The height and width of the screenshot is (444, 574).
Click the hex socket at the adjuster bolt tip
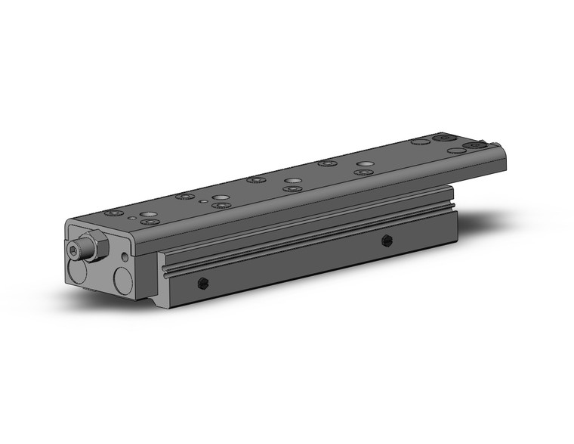(73, 250)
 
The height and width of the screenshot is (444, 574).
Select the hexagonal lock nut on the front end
(93, 247)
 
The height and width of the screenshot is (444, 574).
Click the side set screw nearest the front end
(202, 284)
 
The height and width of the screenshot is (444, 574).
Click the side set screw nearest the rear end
(387, 241)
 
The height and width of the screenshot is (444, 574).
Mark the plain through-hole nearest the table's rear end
(455, 151)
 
